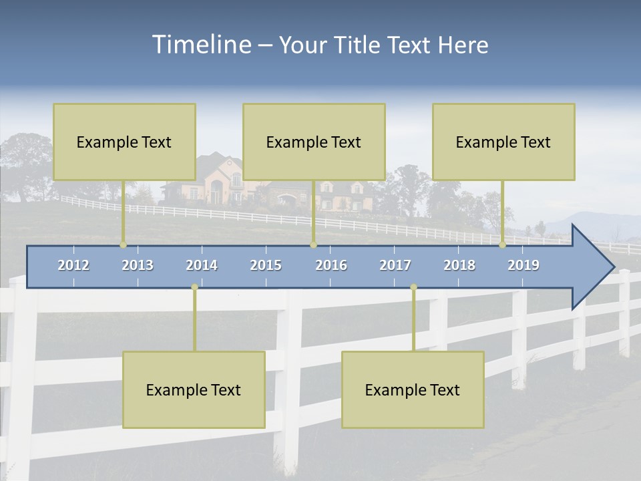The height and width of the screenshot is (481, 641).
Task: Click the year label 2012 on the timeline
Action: [x=73, y=265]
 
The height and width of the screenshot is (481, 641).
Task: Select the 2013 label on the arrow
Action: [x=138, y=265]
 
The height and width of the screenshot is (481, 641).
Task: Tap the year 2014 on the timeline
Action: [x=202, y=265]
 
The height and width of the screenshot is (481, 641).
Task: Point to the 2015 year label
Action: [x=266, y=265]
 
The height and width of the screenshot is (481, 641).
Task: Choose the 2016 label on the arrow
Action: [x=331, y=265]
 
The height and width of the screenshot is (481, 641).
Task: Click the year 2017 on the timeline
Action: [x=395, y=265]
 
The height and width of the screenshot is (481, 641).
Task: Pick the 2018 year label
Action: [x=459, y=265]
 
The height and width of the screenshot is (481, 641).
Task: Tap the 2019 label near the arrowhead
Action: [x=523, y=265]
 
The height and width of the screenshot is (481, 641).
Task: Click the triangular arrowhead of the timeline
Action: [x=591, y=267]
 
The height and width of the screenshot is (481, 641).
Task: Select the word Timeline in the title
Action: [x=200, y=45]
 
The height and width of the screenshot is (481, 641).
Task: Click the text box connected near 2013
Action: [x=124, y=142]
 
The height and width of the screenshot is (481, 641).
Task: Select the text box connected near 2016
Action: [x=314, y=142]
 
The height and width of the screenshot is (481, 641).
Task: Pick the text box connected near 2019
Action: [x=503, y=142]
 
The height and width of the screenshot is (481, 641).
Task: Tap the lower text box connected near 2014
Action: [x=194, y=389]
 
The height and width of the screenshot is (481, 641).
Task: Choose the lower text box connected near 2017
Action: [x=413, y=389]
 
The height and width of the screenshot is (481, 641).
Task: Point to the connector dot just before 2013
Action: [x=123, y=245]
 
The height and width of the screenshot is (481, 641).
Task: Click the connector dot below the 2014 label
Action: [x=194, y=287]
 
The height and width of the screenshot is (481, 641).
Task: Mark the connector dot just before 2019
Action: [x=503, y=245]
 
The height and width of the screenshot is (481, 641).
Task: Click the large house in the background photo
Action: [x=217, y=180]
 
